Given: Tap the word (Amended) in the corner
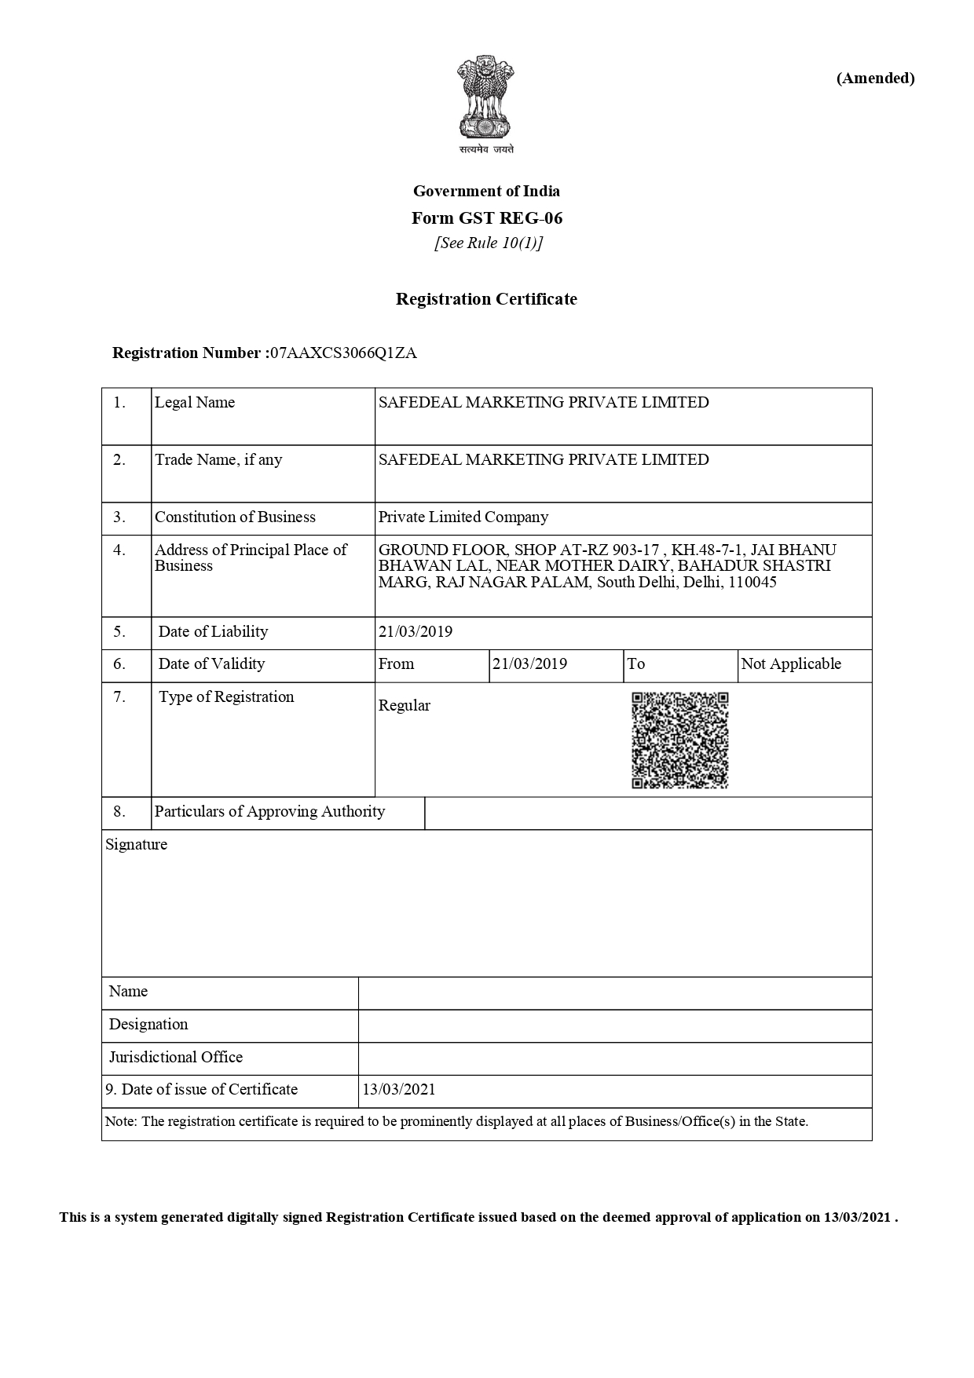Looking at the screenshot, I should coord(875,78).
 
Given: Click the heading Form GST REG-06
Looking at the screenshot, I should coord(486,217).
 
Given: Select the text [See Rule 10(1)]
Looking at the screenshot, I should coord(488,243).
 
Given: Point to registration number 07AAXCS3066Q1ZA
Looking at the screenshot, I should coord(342,353).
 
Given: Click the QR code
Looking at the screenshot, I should coord(679,740).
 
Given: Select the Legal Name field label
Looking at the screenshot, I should coord(194,402).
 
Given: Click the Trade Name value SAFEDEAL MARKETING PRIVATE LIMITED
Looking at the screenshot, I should coord(544,459).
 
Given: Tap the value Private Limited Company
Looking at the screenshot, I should coord(463,517).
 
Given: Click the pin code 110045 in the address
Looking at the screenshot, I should coord(752,583).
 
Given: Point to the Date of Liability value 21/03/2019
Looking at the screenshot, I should coord(415,631).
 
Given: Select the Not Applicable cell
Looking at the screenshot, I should coord(790,663).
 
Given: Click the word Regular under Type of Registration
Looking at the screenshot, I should coord(404,705).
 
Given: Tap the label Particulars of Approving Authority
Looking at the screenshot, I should coord(269,811).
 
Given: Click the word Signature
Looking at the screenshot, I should coord(136,844).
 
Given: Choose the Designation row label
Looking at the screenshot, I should coord(148,1024).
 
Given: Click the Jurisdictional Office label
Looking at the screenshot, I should coord(176,1057).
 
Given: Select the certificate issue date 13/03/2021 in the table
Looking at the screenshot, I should coord(398,1089).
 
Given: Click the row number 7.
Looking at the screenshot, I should coord(119,696).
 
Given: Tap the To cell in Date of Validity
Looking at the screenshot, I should coord(635,663).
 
